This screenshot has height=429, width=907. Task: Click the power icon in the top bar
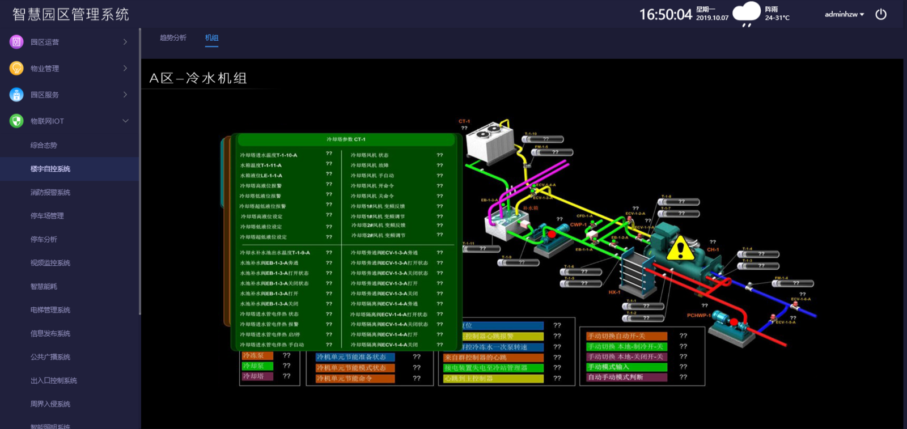881,14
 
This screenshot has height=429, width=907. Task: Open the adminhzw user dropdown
844,14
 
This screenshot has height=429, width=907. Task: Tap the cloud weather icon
746,13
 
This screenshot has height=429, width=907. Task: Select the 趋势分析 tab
173,38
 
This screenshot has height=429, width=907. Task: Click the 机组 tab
211,38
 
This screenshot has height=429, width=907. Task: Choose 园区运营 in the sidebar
45,42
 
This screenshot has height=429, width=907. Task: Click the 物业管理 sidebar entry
45,69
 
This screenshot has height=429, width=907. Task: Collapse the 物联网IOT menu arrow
125,121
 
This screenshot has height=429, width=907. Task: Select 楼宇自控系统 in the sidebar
50,169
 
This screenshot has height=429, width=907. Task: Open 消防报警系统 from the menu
50,193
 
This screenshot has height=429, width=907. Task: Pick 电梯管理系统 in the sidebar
50,310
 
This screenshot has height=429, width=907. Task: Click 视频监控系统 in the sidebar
50,263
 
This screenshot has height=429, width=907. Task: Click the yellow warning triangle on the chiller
680,248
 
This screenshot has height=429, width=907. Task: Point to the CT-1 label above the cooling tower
464,121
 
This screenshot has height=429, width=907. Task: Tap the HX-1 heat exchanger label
614,292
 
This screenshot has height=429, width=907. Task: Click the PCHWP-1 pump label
698,316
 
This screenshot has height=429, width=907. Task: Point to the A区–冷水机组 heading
198,78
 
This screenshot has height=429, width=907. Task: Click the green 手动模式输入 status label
626,367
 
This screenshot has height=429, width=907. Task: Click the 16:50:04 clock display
666,15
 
